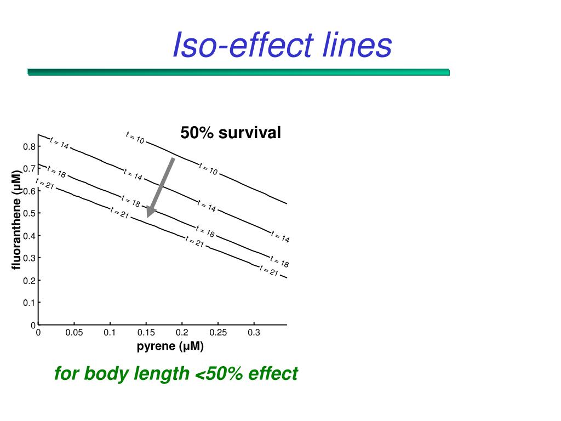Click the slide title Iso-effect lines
point(282,45)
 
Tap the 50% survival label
point(231,133)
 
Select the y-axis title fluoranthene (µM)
point(16,220)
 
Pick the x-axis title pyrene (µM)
point(170,346)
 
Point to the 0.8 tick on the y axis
point(29,146)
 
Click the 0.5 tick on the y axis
point(29,213)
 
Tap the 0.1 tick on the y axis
point(29,303)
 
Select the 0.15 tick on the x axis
point(146,333)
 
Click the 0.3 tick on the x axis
point(254,333)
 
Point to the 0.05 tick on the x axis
point(74,333)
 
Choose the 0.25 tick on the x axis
point(217,333)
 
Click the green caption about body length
point(176,374)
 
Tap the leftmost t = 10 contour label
point(135,138)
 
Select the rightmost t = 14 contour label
point(280,237)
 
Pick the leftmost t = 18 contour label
point(56,172)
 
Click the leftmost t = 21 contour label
point(45,184)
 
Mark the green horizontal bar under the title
point(238,72)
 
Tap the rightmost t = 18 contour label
point(279,262)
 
